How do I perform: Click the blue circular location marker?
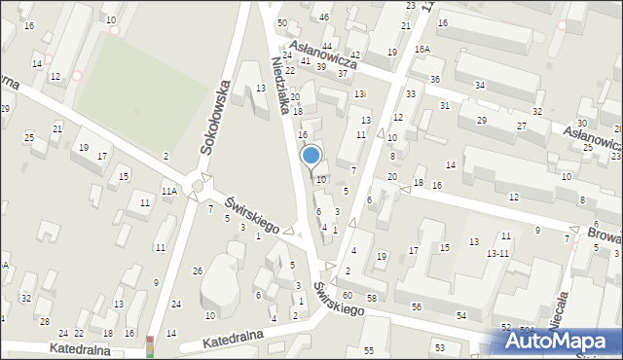[311, 155]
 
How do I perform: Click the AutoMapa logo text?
[566, 341]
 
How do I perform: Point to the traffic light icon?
[150, 345]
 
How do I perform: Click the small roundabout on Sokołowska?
[200, 184]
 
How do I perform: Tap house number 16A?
[421, 49]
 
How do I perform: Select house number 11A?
[169, 191]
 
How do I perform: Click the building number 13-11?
[498, 253]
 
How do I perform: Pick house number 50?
[282, 21]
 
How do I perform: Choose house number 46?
[324, 17]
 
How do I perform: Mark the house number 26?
[198, 270]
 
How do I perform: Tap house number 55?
[369, 350]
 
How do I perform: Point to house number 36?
[435, 79]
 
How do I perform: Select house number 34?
[480, 86]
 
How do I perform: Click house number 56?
[417, 306]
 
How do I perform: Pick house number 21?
[57, 129]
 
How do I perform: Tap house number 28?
[44, 320]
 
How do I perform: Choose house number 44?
[327, 46]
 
